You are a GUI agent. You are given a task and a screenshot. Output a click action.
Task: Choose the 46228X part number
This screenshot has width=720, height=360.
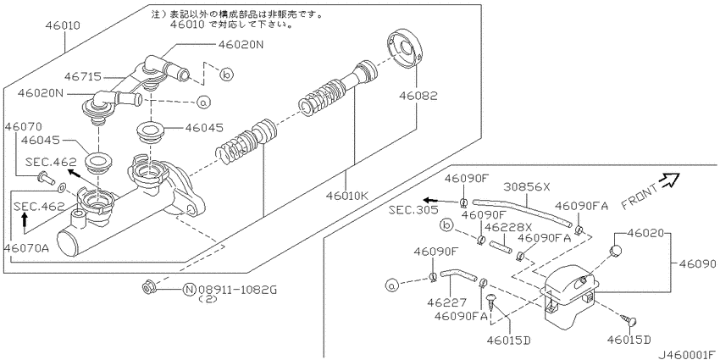click(509, 227)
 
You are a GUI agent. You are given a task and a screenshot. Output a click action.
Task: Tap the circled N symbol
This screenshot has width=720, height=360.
click(189, 290)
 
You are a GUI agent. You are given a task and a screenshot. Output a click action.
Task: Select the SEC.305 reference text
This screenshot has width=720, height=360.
click(415, 209)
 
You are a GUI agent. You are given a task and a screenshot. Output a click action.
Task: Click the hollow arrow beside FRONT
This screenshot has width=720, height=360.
click(672, 179)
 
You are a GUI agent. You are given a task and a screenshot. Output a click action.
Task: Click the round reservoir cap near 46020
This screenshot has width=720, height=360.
click(617, 252)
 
